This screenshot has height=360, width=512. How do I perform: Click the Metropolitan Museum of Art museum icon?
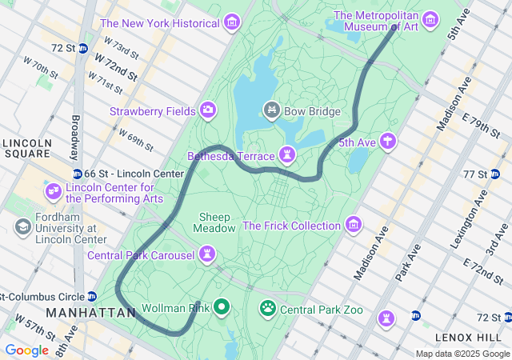[430, 18]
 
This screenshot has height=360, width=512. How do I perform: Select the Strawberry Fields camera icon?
[208, 110]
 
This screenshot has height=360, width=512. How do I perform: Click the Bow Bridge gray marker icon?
[271, 110]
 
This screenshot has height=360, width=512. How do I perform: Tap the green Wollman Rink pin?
[221, 306]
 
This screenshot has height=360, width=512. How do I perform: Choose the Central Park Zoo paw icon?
[267, 307]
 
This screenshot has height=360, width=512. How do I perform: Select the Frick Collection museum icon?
[354, 224]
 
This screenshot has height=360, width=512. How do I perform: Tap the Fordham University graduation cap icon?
[22, 227]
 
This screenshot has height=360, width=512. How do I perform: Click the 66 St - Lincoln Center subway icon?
[77, 174]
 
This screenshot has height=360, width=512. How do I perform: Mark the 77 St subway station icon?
[495, 174]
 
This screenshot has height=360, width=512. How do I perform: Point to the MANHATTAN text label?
[90, 313]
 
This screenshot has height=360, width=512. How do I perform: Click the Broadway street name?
[74, 136]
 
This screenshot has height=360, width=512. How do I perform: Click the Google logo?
[26, 350]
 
